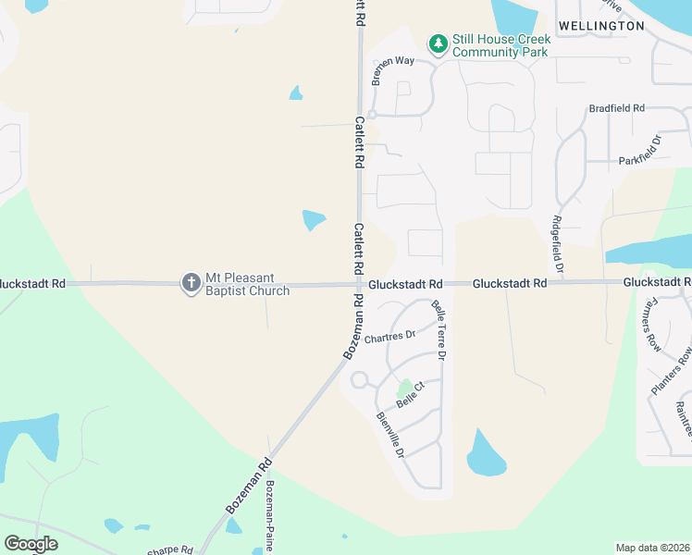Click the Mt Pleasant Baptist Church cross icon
click(x=192, y=283)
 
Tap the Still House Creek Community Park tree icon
click(x=438, y=43)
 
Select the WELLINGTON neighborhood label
click(x=600, y=26)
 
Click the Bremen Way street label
click(x=393, y=69)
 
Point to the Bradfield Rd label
click(x=616, y=108)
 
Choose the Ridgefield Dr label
click(x=559, y=245)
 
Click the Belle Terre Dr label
click(x=439, y=329)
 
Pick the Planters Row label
click(x=672, y=371)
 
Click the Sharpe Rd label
click(x=170, y=550)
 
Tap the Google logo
click(x=31, y=544)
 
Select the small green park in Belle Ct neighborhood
click(x=403, y=389)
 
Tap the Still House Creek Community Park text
click(x=500, y=45)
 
